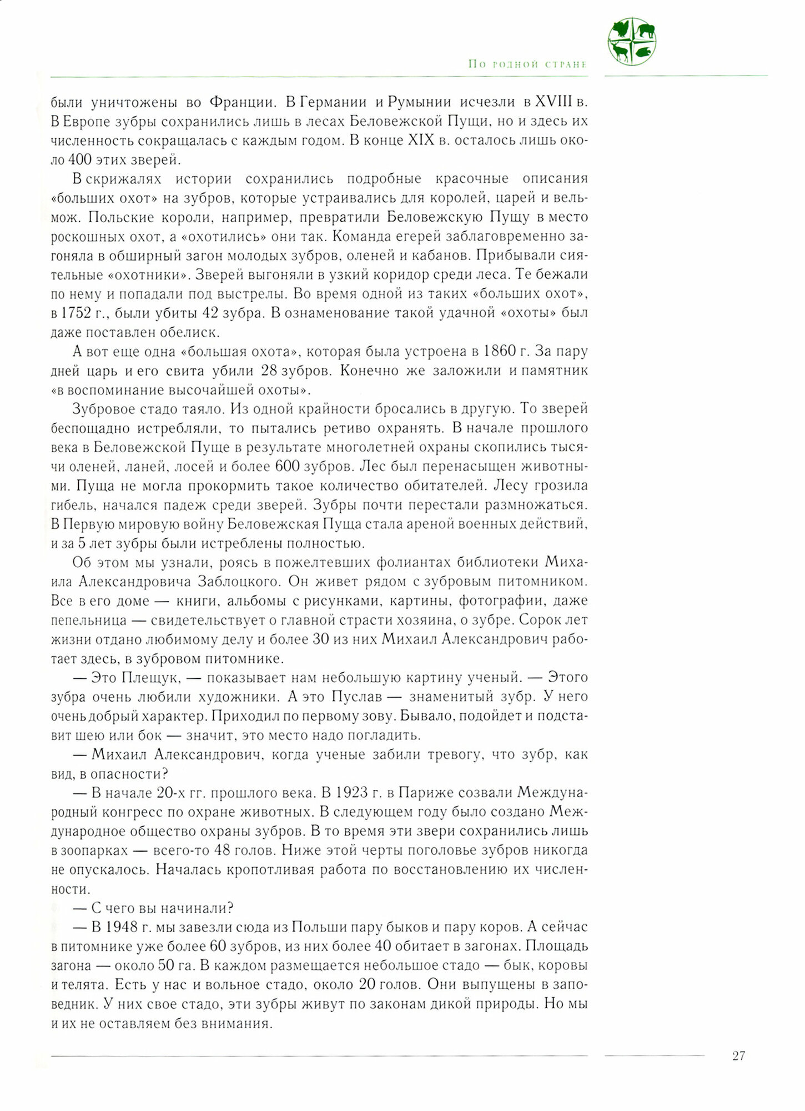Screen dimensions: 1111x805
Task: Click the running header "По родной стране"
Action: coord(527,64)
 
